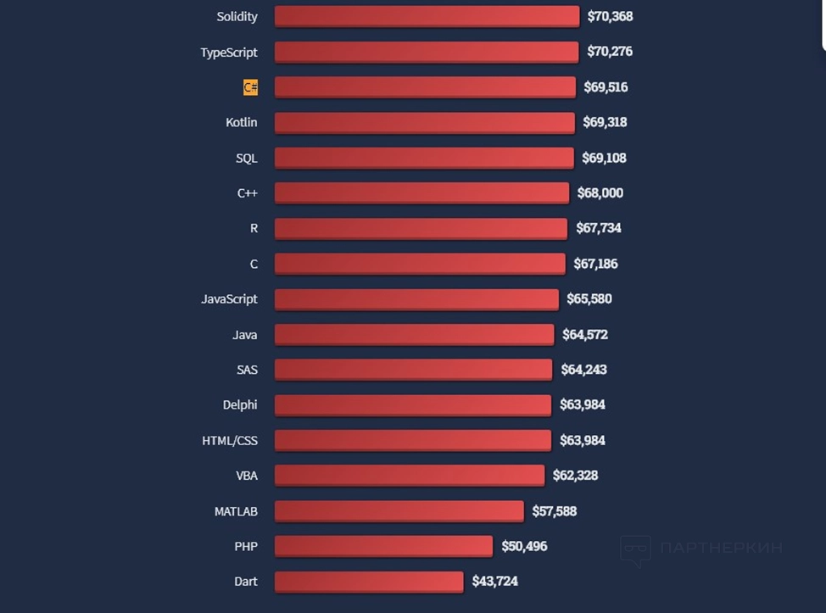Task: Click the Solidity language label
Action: coord(237,17)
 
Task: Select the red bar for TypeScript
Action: coord(427,52)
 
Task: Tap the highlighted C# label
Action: coord(250,87)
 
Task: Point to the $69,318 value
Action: coord(605,122)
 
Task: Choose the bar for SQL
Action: coord(424,158)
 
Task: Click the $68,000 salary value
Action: coord(600,193)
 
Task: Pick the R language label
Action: coord(254,229)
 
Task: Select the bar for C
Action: coord(420,264)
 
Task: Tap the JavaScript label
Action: coord(229,299)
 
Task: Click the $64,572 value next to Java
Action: coord(584,335)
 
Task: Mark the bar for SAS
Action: coord(413,370)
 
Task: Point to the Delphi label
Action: coord(240,405)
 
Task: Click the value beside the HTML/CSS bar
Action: coord(582,441)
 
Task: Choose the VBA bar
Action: coord(410,476)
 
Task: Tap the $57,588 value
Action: coord(554,511)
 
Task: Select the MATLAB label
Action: coord(236,511)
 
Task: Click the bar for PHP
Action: coord(383,546)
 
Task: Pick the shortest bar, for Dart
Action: coord(369,582)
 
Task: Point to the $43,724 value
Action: coord(494,582)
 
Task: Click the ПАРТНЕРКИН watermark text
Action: coord(720,548)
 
